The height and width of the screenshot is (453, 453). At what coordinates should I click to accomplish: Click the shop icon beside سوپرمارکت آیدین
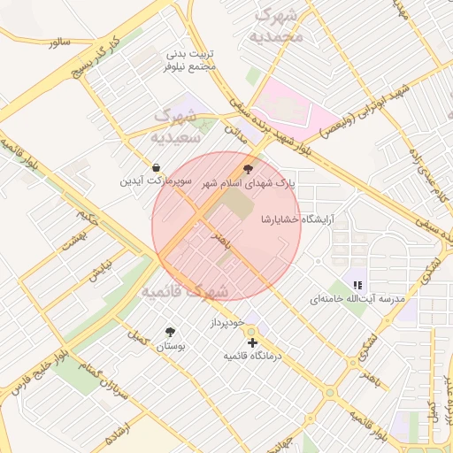pos(157,167)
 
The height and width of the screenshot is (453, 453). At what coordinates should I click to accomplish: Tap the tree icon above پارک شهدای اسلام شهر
pos(247,167)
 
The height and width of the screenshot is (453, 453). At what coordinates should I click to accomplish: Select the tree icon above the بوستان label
pos(169,332)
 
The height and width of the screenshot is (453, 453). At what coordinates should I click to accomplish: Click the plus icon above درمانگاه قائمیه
pos(252,342)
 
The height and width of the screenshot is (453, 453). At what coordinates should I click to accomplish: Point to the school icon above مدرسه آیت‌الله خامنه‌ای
pos(357,285)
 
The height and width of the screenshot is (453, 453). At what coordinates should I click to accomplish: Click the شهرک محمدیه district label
pos(277,26)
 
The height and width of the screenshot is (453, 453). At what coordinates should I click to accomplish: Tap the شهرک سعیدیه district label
pos(180,127)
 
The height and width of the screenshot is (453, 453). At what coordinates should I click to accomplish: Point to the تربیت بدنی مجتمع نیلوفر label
pos(190,59)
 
